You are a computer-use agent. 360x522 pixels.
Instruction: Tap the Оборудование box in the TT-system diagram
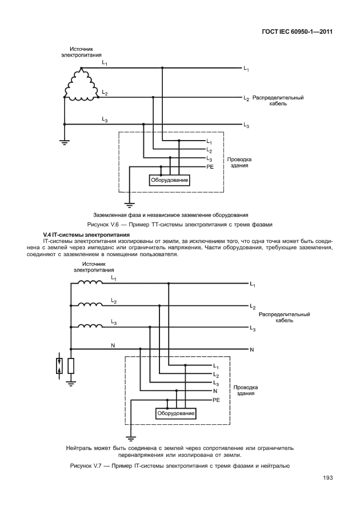click(x=170, y=181)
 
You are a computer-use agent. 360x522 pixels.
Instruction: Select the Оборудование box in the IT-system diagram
click(x=176, y=413)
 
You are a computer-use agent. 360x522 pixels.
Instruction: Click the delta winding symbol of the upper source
click(x=81, y=85)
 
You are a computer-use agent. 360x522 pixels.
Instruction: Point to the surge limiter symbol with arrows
click(x=59, y=366)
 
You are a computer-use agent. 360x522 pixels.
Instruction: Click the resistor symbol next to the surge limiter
click(x=70, y=366)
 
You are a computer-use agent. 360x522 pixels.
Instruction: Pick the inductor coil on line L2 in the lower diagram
click(x=90, y=305)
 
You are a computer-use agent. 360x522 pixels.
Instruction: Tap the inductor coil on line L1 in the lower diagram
click(x=90, y=282)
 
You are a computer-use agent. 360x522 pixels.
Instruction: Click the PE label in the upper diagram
click(x=210, y=166)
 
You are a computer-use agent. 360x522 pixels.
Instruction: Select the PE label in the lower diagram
click(x=216, y=400)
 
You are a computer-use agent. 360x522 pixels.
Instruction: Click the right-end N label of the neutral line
click(x=252, y=349)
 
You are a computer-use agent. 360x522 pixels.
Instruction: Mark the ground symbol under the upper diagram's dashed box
click(x=130, y=202)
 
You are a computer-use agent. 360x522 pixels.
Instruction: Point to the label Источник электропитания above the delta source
click(x=81, y=52)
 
